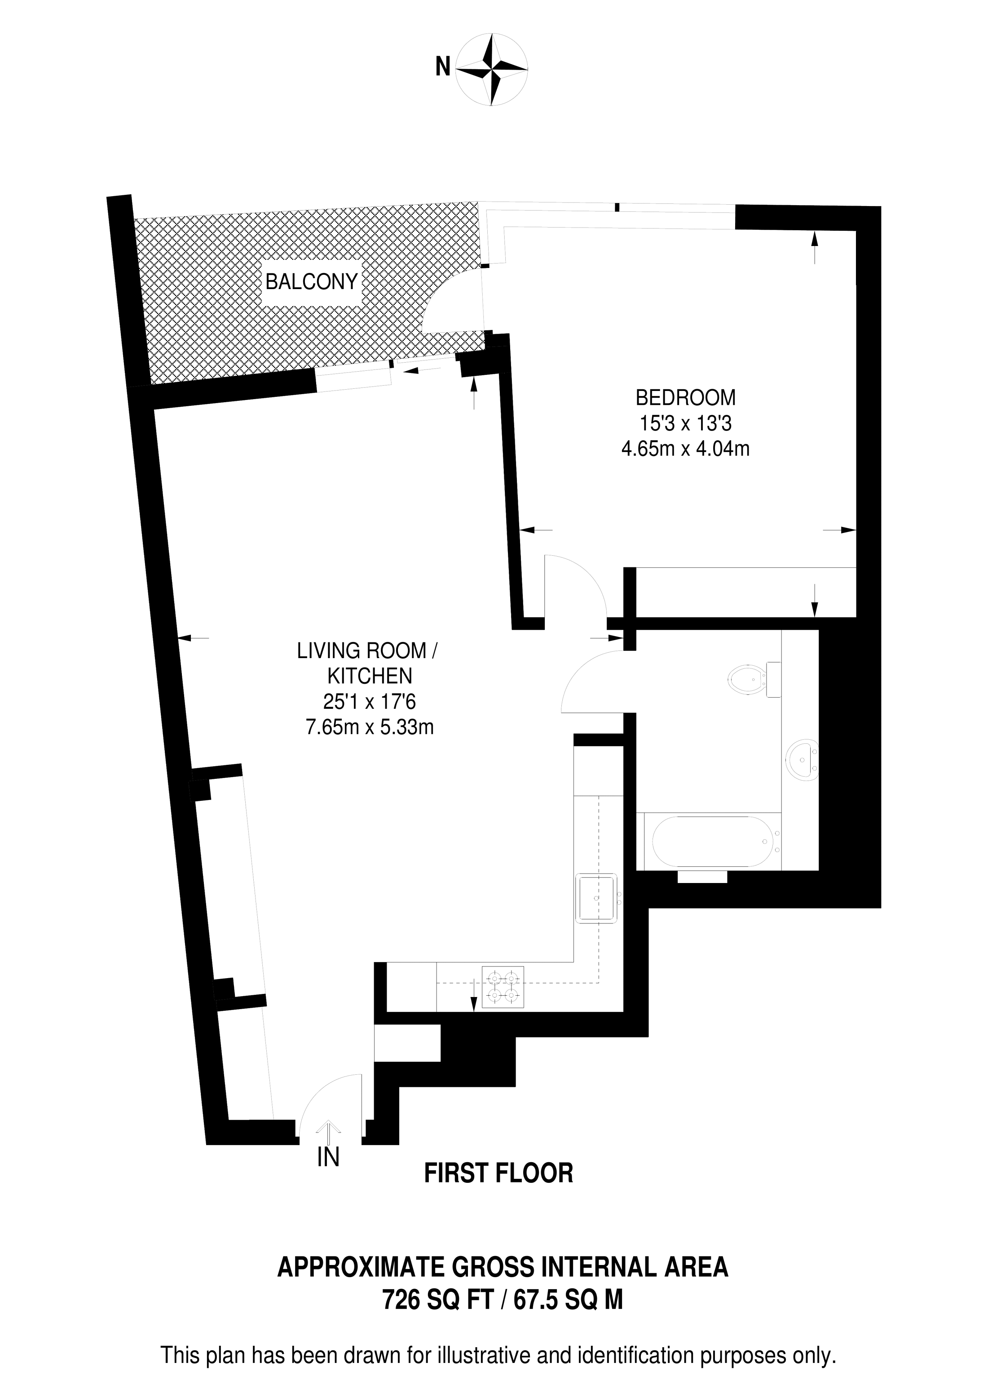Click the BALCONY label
point(311,282)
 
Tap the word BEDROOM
point(685,398)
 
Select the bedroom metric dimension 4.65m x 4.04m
point(685,449)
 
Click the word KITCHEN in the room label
point(370,676)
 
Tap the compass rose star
point(492,70)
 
